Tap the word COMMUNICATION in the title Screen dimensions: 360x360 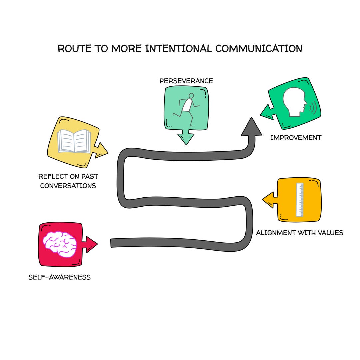[259, 48]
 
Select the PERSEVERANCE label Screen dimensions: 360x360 [186, 81]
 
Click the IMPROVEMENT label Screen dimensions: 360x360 [296, 137]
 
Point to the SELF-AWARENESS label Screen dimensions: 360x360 [59, 277]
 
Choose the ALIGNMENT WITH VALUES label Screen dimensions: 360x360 [299, 233]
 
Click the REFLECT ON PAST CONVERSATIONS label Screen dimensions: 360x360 [68, 181]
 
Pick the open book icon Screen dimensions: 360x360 [74, 141]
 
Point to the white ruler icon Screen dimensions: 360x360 [300, 200]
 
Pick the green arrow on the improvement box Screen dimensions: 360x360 [267, 111]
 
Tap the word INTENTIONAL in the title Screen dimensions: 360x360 [179, 48]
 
